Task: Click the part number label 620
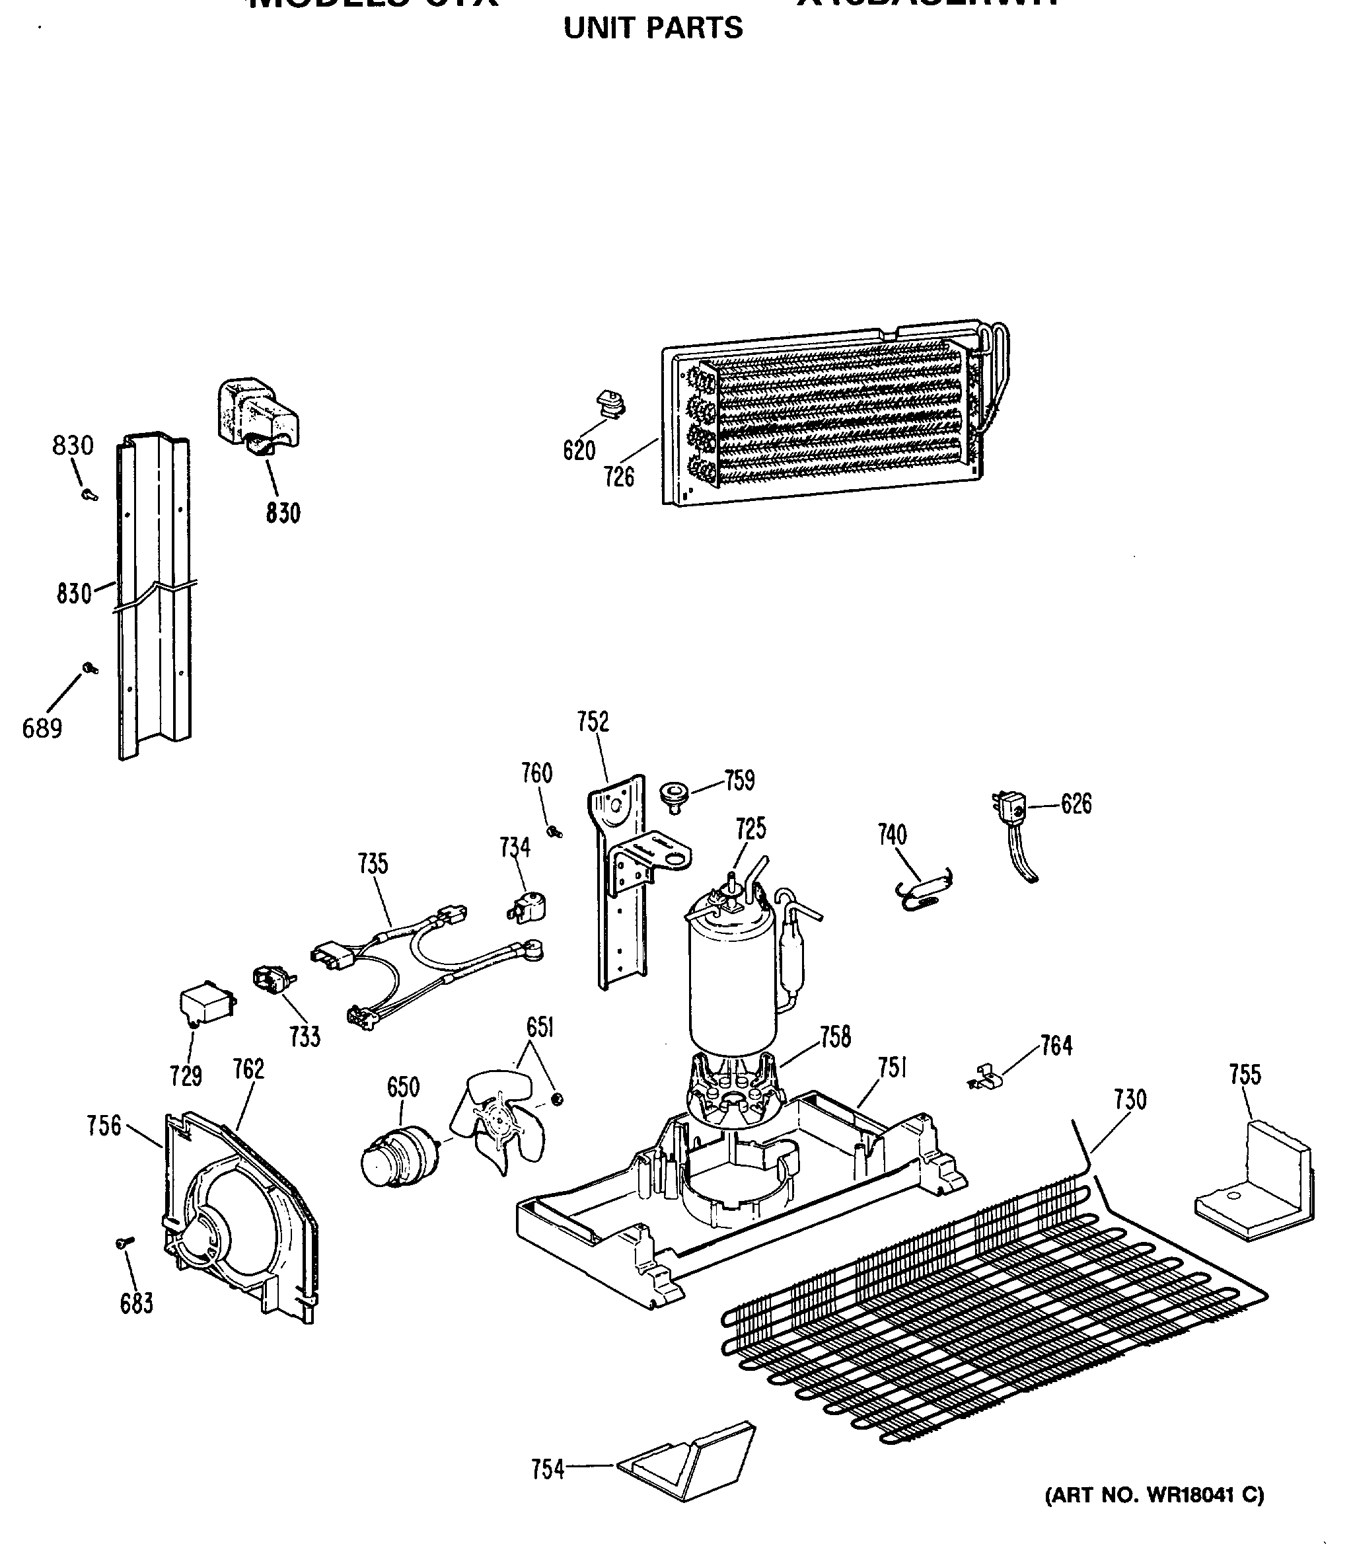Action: pos(579,451)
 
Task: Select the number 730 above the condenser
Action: pos(1130,1100)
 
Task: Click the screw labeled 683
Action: pos(126,1242)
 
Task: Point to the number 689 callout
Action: pos(42,728)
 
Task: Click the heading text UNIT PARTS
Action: pos(653,28)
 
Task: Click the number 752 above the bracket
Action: pos(593,722)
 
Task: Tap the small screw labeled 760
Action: pos(556,831)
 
